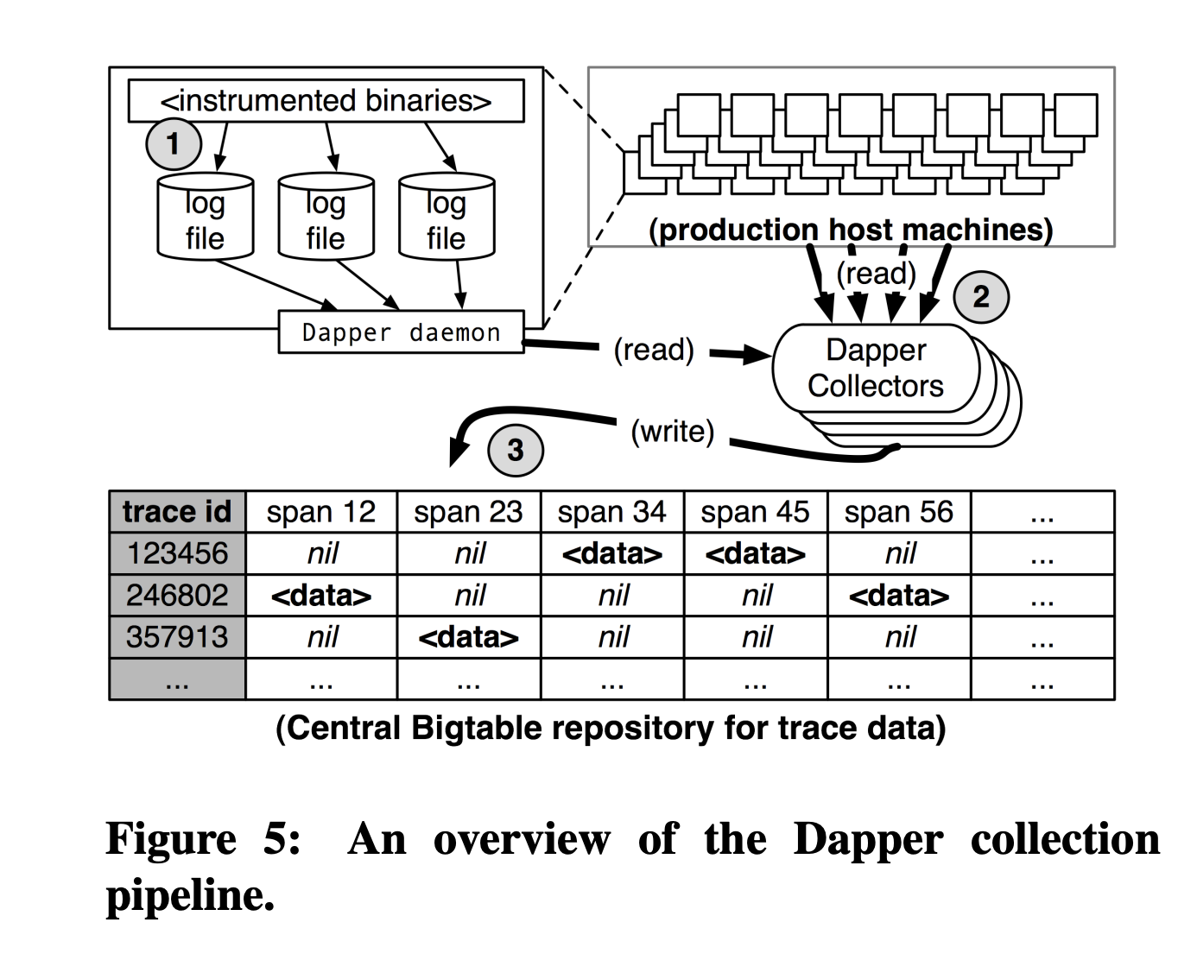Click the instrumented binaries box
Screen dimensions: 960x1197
tap(326, 101)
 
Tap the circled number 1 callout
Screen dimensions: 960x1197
tap(174, 143)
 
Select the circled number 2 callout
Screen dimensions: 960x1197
tap(980, 297)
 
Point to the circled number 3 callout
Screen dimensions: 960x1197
tap(516, 450)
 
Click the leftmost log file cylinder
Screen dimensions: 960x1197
tap(205, 218)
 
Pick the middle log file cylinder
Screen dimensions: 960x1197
tap(326, 218)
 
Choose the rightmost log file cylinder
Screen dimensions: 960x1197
tap(446, 218)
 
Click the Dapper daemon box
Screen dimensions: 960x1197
tap(401, 332)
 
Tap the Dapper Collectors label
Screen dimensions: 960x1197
tap(875, 368)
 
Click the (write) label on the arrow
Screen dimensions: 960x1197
tap(672, 431)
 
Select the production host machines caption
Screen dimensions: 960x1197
tap(851, 230)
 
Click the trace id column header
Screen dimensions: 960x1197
tap(177, 512)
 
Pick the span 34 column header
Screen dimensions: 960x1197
tap(611, 512)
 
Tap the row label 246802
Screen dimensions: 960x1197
tap(177, 595)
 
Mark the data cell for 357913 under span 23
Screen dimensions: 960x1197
tap(468, 637)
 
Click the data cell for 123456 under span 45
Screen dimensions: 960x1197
tap(755, 553)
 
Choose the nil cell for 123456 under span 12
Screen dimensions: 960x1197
tap(321, 553)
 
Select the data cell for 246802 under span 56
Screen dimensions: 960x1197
tap(898, 595)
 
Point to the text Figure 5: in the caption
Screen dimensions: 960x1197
tap(204, 839)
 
